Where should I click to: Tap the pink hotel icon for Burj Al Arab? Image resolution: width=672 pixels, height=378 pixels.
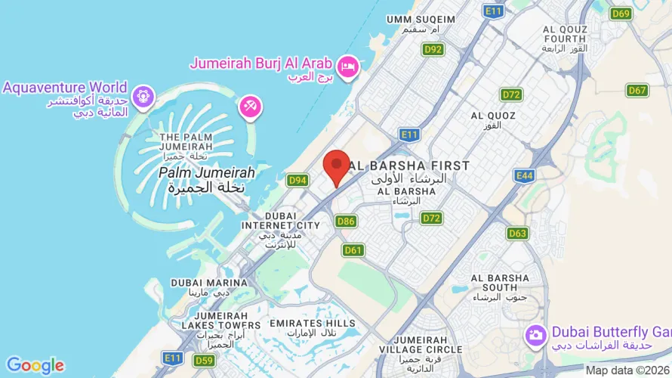(x=348, y=67)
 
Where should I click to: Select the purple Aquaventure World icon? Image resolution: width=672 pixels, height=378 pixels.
(x=142, y=96)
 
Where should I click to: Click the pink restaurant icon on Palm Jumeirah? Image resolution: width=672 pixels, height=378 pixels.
(x=250, y=106)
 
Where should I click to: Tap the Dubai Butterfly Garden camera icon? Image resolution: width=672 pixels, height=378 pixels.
(x=536, y=333)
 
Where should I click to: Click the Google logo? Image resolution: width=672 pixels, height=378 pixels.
(x=35, y=366)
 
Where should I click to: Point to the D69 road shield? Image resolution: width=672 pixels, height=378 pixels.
(x=621, y=13)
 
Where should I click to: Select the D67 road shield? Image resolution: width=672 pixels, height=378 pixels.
(x=637, y=90)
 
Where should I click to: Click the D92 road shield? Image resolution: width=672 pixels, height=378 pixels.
(x=433, y=50)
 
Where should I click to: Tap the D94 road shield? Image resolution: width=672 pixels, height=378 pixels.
(x=297, y=180)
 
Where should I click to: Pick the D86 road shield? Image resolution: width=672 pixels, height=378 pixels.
(x=346, y=221)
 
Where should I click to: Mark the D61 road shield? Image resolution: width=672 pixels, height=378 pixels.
(x=353, y=249)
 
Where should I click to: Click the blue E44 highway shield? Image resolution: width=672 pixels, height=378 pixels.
(x=523, y=175)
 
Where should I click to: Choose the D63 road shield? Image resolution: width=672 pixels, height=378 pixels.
(x=517, y=233)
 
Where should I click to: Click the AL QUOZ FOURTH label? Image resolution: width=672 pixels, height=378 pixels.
(x=564, y=35)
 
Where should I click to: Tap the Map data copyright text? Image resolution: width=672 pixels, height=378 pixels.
(x=627, y=370)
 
